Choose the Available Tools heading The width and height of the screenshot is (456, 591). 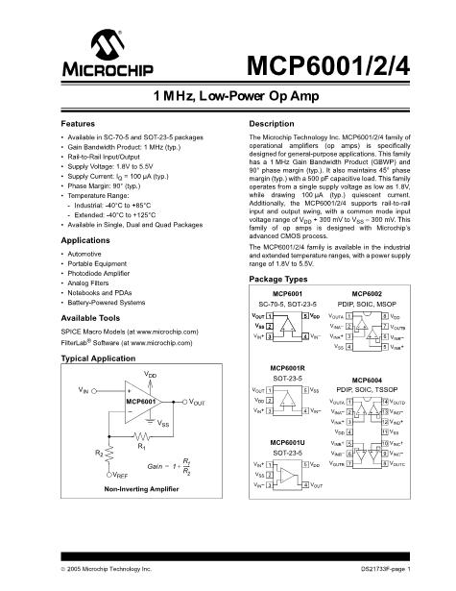click(x=96, y=317)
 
